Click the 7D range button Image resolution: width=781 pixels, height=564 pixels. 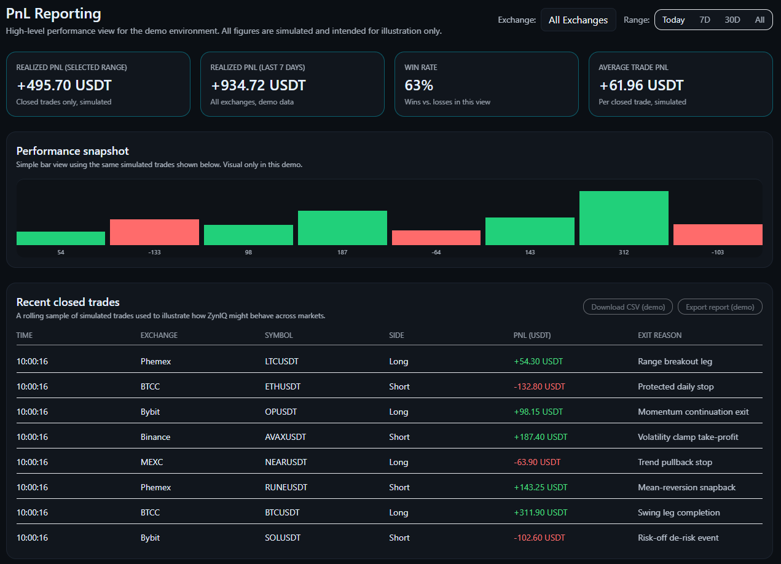click(x=705, y=20)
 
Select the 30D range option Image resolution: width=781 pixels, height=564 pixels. click(x=732, y=20)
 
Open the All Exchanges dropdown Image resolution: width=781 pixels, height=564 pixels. click(x=578, y=20)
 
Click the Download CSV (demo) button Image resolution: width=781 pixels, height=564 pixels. click(x=627, y=307)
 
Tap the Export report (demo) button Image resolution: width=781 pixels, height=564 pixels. click(x=720, y=307)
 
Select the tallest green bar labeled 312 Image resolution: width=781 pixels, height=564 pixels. click(x=624, y=218)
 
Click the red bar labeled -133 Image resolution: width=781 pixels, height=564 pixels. click(x=154, y=232)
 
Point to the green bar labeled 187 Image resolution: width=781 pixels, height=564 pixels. click(x=342, y=228)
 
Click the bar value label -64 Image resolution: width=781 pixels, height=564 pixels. click(x=436, y=253)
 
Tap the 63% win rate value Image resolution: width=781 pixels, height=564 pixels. click(x=418, y=85)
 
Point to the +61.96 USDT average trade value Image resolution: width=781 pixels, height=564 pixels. click(x=641, y=85)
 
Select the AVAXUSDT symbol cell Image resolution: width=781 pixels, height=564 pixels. click(x=285, y=437)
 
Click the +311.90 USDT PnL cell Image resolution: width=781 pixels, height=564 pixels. click(x=540, y=512)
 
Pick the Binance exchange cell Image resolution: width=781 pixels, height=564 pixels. click(x=155, y=437)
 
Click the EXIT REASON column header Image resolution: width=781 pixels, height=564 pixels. click(x=659, y=335)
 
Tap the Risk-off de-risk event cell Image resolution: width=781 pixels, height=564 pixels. click(x=678, y=538)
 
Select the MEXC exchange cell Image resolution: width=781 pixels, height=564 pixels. click(x=151, y=462)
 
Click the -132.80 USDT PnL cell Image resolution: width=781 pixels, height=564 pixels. click(x=539, y=386)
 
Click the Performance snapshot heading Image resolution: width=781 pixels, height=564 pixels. click(x=73, y=151)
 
